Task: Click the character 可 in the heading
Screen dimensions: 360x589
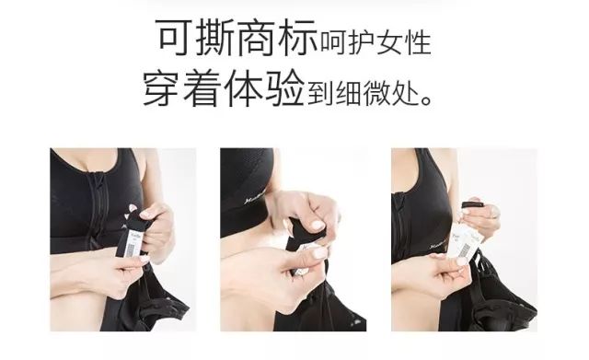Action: [x=175, y=39]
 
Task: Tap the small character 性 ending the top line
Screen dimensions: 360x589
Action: [x=421, y=42]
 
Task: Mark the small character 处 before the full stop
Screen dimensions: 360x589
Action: [x=410, y=92]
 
